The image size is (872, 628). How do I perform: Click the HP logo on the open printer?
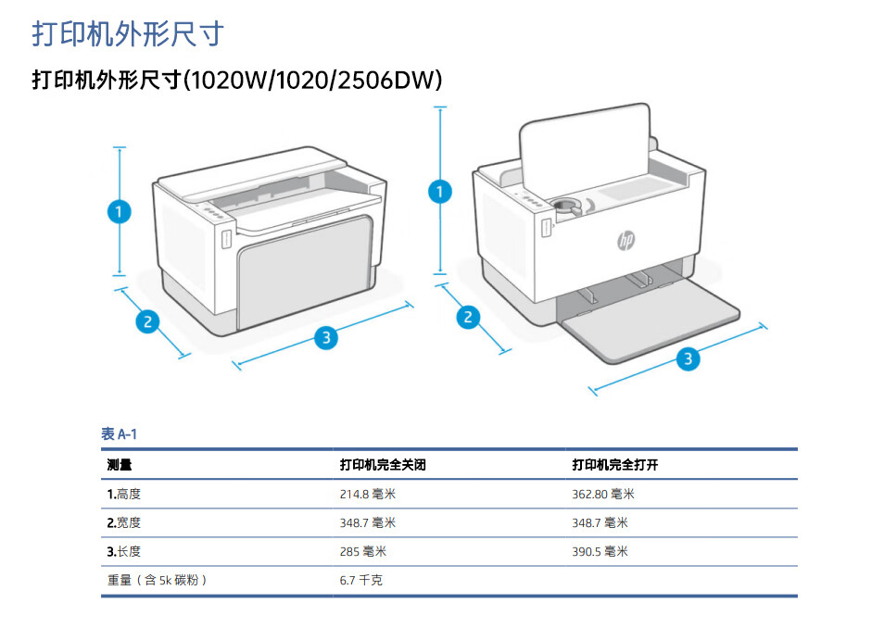[x=626, y=241]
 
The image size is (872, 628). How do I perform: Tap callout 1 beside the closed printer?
[x=119, y=211]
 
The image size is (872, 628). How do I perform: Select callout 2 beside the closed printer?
[x=146, y=322]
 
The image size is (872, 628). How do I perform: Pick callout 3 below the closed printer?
[x=324, y=338]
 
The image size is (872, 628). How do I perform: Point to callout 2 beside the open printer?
[x=469, y=318]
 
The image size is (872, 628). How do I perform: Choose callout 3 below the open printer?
[x=687, y=359]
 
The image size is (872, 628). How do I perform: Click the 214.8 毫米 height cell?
[x=368, y=495]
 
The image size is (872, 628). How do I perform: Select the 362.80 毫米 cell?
[x=603, y=495]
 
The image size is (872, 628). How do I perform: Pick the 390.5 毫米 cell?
[x=600, y=551]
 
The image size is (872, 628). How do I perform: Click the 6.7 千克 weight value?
[x=361, y=580]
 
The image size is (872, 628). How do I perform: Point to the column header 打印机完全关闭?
[x=383, y=465]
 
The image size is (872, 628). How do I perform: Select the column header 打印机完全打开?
[x=614, y=465]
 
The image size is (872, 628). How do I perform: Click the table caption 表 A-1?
[x=119, y=434]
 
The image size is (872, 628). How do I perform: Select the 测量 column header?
[x=119, y=465]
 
